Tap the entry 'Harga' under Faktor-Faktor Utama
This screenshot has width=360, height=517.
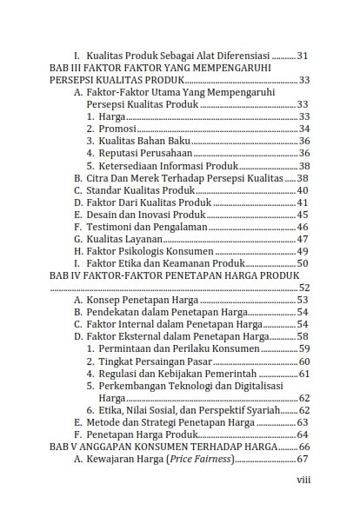[x=113, y=116]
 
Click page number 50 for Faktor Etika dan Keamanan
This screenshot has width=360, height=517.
[x=303, y=262]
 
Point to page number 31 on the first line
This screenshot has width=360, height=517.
[x=303, y=55]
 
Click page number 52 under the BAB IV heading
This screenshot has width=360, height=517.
[x=303, y=287]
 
